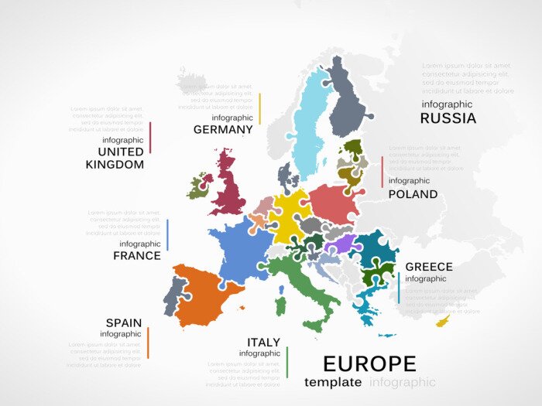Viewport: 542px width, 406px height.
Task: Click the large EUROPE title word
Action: [x=369, y=363]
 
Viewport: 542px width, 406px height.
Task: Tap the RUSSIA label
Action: [x=448, y=118]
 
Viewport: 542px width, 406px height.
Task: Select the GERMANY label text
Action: [x=223, y=129]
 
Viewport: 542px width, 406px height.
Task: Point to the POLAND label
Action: [x=413, y=194]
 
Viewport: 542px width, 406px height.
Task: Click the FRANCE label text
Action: [x=137, y=255]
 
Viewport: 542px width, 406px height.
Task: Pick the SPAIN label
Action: [x=124, y=322]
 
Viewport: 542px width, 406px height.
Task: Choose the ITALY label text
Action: [x=263, y=342]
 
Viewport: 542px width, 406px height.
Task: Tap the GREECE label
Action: [x=429, y=267]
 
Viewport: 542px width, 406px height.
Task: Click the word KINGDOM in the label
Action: [x=115, y=164]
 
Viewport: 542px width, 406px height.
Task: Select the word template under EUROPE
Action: [x=333, y=382]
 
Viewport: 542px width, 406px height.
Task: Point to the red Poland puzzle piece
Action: [x=333, y=203]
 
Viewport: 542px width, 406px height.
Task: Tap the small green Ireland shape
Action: [x=198, y=186]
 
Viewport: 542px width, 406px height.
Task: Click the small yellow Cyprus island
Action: [x=443, y=320]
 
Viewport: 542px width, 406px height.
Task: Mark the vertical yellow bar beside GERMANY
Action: [x=260, y=109]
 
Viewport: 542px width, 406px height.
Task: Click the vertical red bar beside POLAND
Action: [x=382, y=172]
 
